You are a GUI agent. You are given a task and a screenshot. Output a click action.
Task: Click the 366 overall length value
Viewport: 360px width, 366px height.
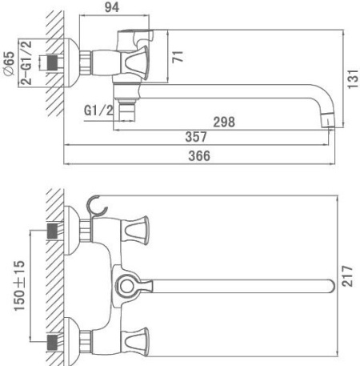(x=198, y=156)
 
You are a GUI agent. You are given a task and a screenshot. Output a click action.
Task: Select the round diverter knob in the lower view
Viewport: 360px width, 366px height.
(x=126, y=284)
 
